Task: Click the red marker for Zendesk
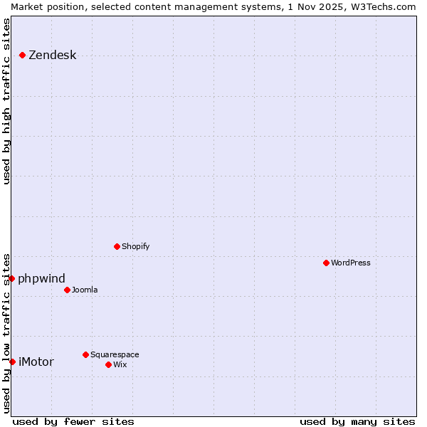click(x=23, y=55)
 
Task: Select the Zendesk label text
click(x=53, y=56)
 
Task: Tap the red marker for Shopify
click(x=117, y=246)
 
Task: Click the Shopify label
click(x=136, y=246)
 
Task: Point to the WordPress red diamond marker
click(x=327, y=263)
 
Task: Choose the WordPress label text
click(x=351, y=263)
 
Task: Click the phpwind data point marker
click(x=12, y=278)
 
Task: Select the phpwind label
click(x=41, y=278)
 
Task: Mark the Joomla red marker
click(x=67, y=290)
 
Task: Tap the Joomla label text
click(x=85, y=290)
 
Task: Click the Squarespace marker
click(x=85, y=354)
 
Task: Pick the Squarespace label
click(x=115, y=354)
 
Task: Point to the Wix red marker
click(x=108, y=364)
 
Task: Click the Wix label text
click(x=120, y=364)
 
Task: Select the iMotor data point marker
click(x=12, y=362)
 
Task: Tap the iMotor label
click(x=36, y=362)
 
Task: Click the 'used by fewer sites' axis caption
click(x=73, y=421)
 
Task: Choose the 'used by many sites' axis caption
click(x=357, y=421)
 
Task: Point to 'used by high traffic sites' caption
click(x=7, y=101)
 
